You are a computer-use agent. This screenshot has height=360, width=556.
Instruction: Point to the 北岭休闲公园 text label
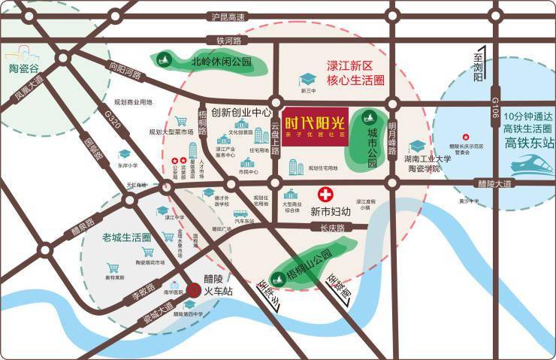click(x=221, y=62)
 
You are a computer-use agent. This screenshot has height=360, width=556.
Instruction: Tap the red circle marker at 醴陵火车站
click(x=193, y=287)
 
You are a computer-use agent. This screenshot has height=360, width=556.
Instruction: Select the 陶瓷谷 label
click(x=23, y=68)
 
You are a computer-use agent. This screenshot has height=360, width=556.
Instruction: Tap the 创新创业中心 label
click(x=240, y=113)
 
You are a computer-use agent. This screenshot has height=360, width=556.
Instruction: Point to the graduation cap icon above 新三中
click(x=308, y=79)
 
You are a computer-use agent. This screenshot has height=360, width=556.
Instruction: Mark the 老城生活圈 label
click(x=126, y=237)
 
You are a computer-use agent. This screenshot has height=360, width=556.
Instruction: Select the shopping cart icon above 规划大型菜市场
click(x=181, y=121)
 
